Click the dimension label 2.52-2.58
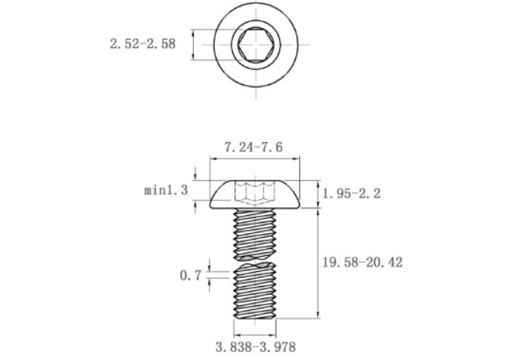tap(142, 44)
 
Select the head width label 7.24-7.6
tap(253, 147)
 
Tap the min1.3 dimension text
tap(166, 190)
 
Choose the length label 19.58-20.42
tap(362, 262)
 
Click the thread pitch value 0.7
tap(190, 276)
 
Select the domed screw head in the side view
tap(255, 194)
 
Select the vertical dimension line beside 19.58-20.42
tap(317, 262)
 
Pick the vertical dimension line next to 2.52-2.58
tap(194, 44)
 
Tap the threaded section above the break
tap(255, 234)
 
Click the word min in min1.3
tap(155, 190)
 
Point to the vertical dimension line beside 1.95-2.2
tap(317, 194)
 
